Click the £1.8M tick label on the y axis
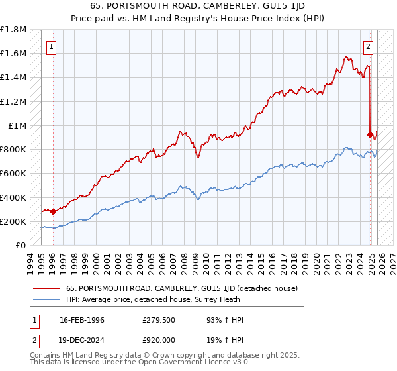pos(13,30)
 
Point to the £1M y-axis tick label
pos(17,126)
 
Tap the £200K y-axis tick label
pos(13,221)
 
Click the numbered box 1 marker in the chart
pos(52,47)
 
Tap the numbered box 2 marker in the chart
pos(368,47)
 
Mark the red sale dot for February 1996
pos(52,212)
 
